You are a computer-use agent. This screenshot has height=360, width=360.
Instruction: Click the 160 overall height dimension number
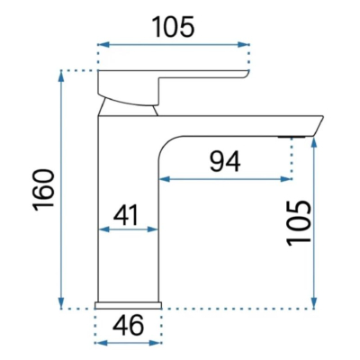click(44, 191)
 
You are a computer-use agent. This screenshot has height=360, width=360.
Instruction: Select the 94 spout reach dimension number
click(225, 161)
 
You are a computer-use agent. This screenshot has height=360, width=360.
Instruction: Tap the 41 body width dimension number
click(126, 215)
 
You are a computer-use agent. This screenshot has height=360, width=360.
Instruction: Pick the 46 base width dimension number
click(129, 326)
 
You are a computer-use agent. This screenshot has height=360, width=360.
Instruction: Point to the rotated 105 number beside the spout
click(299, 224)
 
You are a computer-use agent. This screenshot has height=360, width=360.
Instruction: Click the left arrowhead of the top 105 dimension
click(103, 45)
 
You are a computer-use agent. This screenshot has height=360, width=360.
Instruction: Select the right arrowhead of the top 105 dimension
click(244, 45)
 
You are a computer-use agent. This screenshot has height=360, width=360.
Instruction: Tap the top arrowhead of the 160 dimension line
click(61, 76)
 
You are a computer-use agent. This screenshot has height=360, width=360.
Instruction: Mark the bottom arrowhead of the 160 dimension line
click(61, 303)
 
